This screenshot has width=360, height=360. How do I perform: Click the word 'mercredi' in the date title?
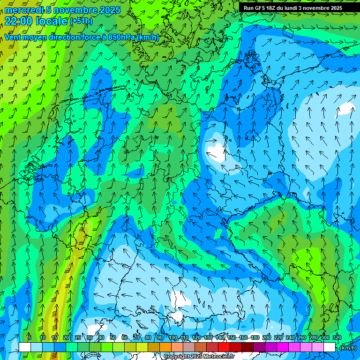[23, 10]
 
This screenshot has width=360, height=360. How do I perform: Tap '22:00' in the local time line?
[18, 21]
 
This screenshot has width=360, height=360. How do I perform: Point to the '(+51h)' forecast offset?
[81, 21]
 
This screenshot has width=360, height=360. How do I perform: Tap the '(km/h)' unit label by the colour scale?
[348, 348]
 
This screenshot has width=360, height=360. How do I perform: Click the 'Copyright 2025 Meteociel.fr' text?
[199, 357]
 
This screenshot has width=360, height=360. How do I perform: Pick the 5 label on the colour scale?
[30, 337]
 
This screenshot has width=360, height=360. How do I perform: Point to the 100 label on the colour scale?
[173, 337]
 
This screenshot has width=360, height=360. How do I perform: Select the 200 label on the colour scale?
[267, 337]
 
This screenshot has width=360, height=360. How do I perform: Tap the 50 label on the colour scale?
[113, 337]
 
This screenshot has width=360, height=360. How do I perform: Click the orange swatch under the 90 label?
[165, 347]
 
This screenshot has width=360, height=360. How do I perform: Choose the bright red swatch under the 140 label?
[224, 347]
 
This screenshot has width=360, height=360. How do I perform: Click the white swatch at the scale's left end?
[24, 347]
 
